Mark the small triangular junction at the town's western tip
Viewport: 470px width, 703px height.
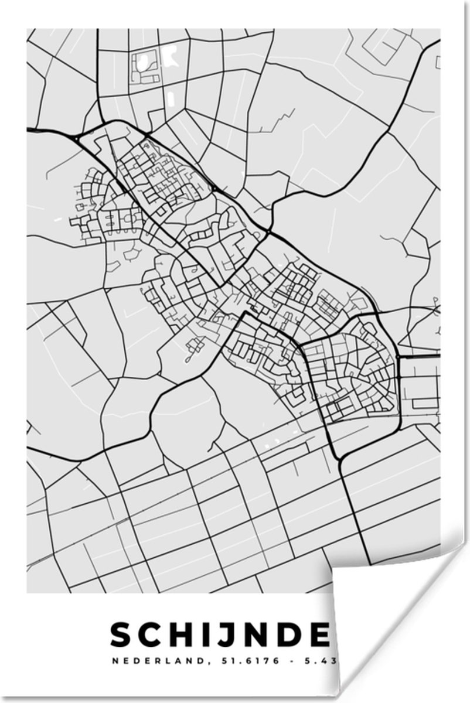pyautogui.click(x=77, y=138)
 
